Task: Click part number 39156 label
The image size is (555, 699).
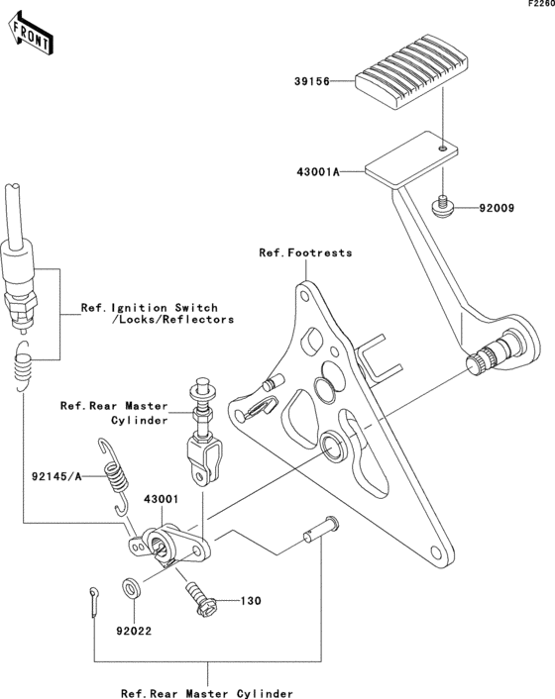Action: coord(309,83)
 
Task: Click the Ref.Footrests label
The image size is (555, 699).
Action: coord(305,253)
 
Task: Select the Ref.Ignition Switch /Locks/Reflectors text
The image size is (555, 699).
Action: coord(157,314)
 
